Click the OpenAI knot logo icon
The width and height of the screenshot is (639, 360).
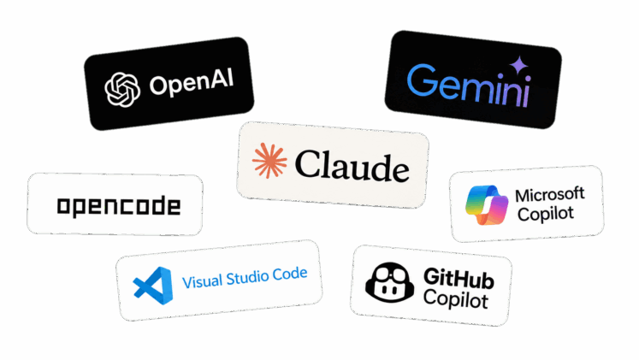coord(122,90)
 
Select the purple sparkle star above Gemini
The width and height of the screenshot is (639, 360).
coord(518,65)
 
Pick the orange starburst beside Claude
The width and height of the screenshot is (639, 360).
coord(269,161)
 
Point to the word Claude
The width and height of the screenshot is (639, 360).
coord(352,166)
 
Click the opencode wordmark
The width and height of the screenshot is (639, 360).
coord(119,206)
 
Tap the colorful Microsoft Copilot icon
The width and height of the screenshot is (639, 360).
coord(487,205)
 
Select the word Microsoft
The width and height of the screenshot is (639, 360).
coord(550,195)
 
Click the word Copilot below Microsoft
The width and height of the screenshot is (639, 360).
coord(546,214)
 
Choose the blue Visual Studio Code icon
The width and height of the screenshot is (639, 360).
coord(153,286)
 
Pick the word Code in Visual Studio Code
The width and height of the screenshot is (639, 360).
coord(290,274)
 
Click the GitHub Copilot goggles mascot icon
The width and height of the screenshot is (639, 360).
coord(389,282)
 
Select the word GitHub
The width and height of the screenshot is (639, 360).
coord(459,278)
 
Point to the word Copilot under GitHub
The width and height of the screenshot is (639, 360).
coord(456,299)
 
